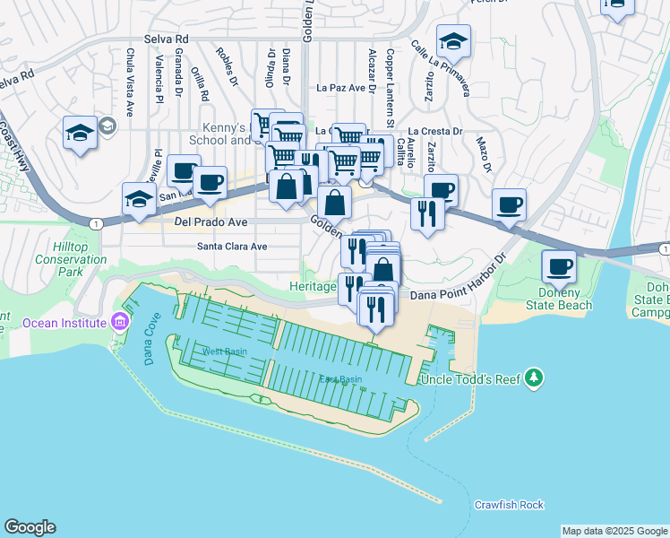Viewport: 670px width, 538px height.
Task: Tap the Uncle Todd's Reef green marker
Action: [x=535, y=377]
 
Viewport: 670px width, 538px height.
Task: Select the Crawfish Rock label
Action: [x=509, y=505]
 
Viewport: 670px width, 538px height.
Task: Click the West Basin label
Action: [x=224, y=351]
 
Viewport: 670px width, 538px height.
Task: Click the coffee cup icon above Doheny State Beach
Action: [x=560, y=266]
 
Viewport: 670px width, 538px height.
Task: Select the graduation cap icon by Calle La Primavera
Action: [x=454, y=40]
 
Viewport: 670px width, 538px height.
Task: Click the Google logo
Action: [x=30, y=527]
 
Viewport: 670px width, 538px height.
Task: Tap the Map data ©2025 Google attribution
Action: [x=614, y=531]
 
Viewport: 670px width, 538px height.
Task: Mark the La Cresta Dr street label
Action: [x=435, y=131]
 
